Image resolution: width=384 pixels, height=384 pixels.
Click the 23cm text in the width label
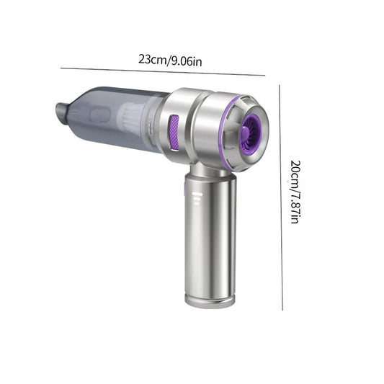coord(151,60)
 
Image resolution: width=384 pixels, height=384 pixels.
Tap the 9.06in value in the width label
coord(185,60)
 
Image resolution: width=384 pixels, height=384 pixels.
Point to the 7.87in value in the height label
coord(294,206)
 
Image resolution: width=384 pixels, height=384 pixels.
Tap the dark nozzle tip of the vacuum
coord(62,112)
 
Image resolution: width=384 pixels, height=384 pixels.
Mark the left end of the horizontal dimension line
coord(61,68)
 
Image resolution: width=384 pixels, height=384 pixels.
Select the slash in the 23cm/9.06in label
coord(166,60)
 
